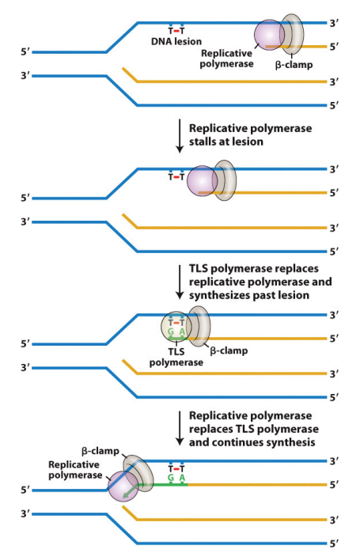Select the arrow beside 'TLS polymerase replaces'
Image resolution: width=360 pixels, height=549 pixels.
pos(180,281)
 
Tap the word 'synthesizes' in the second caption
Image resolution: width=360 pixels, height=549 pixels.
pos(222,294)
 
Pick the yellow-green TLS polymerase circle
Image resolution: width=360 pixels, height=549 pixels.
pos(176,328)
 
